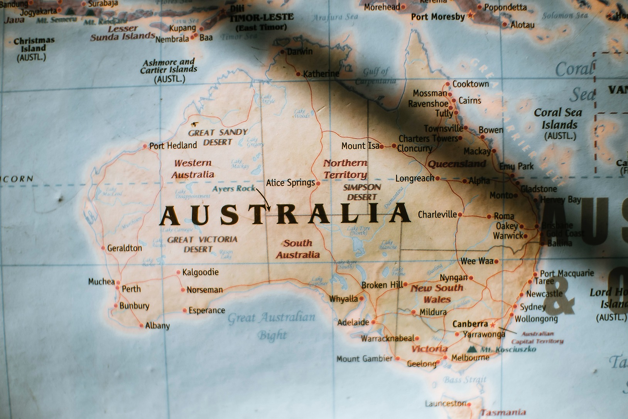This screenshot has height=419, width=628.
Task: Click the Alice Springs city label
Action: (x=290, y=182)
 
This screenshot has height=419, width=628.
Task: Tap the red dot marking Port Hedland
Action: (x=145, y=146)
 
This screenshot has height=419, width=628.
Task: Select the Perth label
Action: (x=131, y=289)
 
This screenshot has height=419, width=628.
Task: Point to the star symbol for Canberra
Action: (x=492, y=324)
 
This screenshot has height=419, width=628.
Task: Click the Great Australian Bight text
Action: (x=272, y=325)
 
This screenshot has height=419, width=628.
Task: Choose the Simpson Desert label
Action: (x=362, y=192)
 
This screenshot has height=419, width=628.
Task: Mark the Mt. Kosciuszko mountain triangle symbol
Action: (x=471, y=349)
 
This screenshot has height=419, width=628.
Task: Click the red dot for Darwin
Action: (x=282, y=52)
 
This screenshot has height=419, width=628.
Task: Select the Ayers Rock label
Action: (x=234, y=188)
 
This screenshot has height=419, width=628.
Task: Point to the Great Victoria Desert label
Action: (x=202, y=244)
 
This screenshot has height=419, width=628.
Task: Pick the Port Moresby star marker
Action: (x=471, y=16)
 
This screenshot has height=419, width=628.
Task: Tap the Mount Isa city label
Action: (x=360, y=146)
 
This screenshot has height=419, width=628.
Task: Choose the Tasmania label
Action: (x=503, y=412)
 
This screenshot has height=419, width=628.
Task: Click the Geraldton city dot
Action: (x=103, y=248)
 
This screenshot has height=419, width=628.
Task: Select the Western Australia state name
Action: (x=192, y=169)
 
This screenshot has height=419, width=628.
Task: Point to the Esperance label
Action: (x=206, y=310)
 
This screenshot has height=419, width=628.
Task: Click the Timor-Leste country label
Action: (x=261, y=21)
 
